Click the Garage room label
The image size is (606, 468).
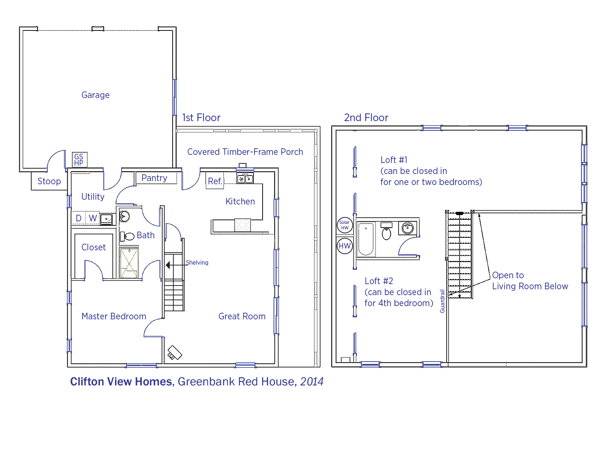pos(95,95)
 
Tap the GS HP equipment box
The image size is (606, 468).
pos(79,160)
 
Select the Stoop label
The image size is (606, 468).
pos(49,181)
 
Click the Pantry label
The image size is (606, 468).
pos(154,178)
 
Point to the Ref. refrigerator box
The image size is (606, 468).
pos(215,181)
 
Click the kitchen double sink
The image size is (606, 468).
pos(245,178)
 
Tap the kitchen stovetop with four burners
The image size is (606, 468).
pos(243,225)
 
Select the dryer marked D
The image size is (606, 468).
pos(79,218)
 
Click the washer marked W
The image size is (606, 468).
pos(93,218)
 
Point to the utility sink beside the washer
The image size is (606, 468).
pos(106,219)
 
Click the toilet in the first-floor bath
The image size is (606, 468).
pos(127,236)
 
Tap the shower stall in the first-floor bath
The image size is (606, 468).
pos(129,262)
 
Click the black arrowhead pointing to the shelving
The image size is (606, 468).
pos(168,265)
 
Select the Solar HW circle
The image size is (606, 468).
pos(345,225)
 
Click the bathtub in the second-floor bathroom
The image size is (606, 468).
pos(365,239)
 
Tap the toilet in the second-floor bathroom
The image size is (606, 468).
pos(386,231)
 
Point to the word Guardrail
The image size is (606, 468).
pos(442,301)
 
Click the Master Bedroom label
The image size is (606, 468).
pos(114,316)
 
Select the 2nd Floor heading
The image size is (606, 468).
pos(366,117)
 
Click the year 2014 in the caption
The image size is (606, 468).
pos(312,382)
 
